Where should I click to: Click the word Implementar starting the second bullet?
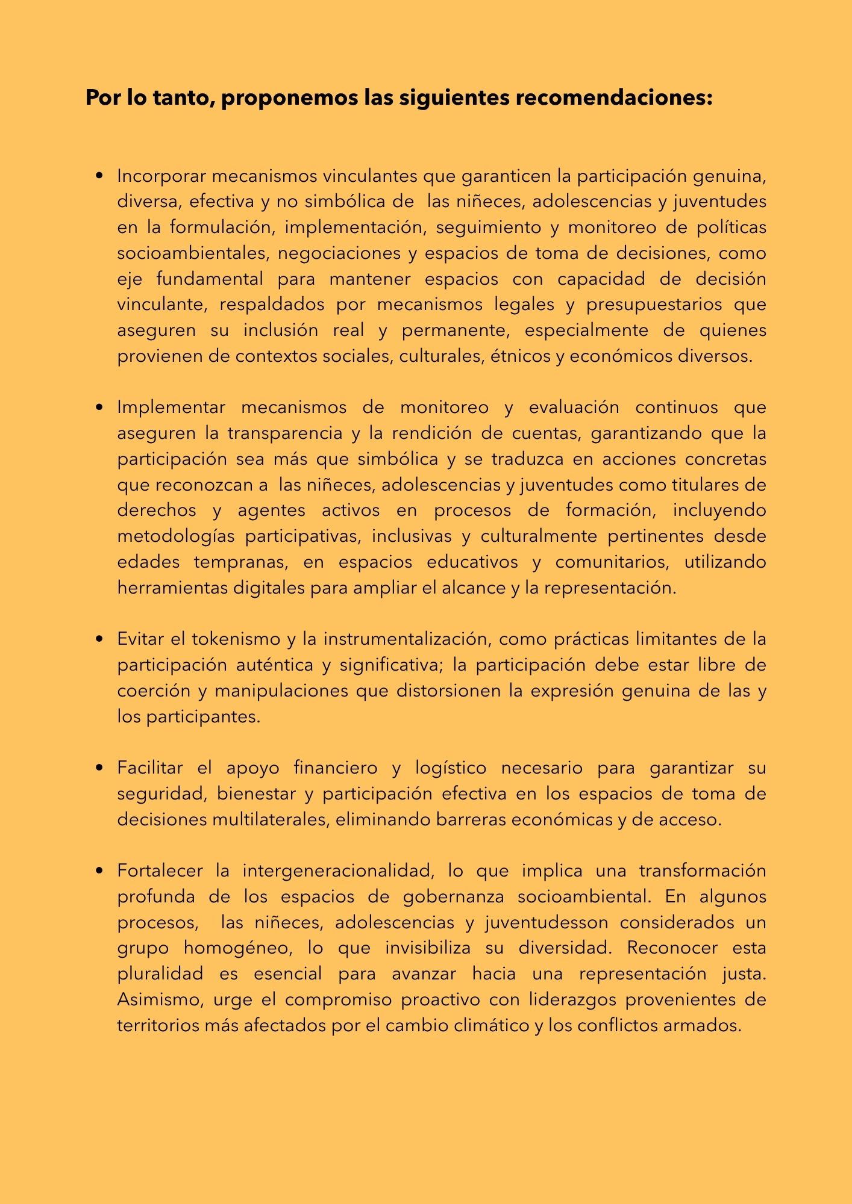171,408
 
